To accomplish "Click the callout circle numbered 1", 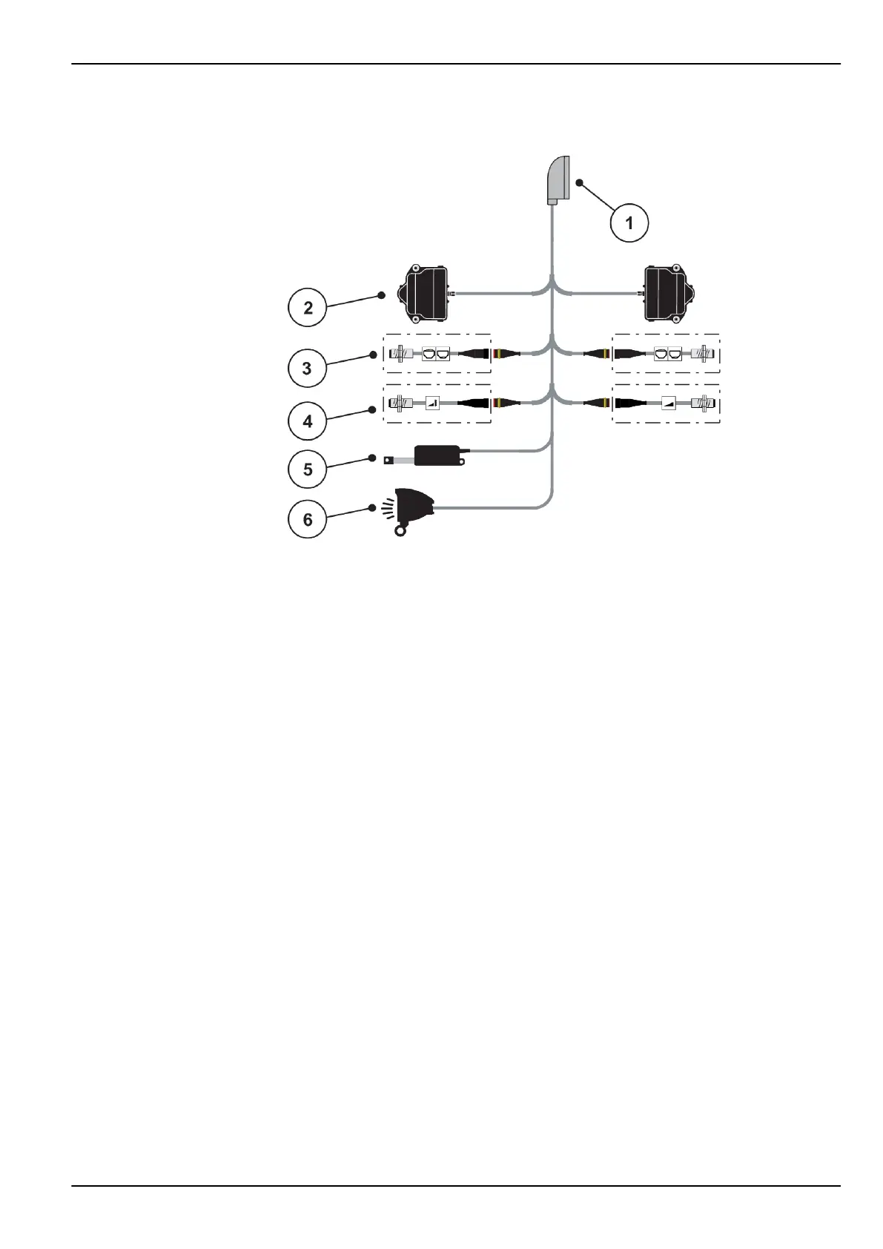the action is pos(629,222).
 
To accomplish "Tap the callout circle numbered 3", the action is pos(308,367).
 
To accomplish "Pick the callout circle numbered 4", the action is pos(308,421).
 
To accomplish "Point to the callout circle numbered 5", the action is pos(308,469).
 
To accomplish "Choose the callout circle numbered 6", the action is pos(308,519).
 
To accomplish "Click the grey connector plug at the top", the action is pos(557,180).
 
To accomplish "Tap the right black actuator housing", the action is pos(670,294).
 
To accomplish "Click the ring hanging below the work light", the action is pos(401,530).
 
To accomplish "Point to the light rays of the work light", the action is pos(387,507).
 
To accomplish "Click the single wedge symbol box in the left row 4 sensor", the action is pos(432,403).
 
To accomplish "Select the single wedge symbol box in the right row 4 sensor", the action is pos(670,403).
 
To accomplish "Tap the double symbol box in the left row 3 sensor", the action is pos(436,354).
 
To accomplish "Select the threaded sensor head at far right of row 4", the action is pos(704,403).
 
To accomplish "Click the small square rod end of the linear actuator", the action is pos(388,460).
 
